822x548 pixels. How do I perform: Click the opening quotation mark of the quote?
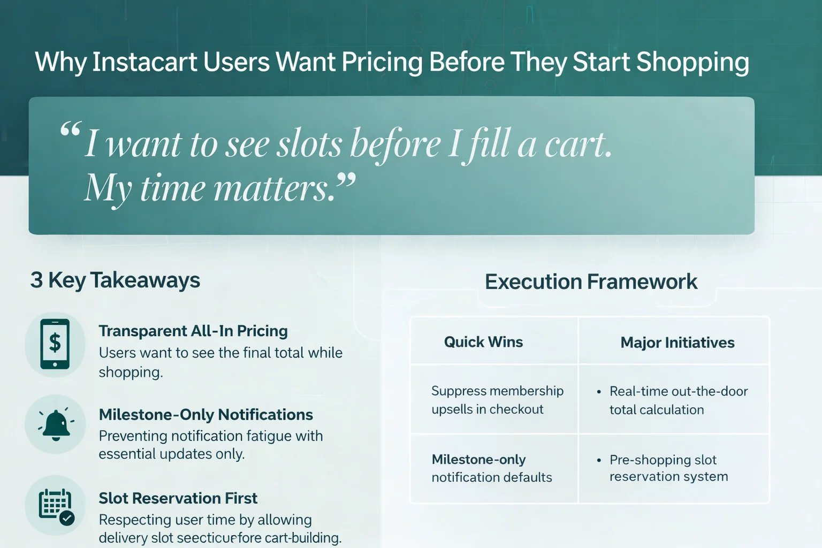70,130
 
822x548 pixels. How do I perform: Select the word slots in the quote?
309,144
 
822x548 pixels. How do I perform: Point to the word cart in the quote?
577,144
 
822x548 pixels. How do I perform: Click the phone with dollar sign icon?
55,344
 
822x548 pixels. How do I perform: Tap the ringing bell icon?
56,424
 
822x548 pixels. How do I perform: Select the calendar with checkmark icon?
56,505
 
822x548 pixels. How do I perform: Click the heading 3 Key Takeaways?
115,280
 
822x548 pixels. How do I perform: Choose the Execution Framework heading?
591,281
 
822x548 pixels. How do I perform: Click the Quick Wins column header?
483,342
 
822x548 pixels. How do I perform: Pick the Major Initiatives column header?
677,342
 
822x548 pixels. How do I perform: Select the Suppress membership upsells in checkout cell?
497,400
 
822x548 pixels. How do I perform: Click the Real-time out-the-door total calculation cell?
678,400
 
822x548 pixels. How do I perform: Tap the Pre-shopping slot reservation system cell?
668,468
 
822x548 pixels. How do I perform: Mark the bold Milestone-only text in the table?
478,460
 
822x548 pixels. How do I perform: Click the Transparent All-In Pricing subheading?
193,331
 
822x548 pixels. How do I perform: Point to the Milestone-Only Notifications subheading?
206,415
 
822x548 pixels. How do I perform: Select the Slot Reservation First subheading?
178,498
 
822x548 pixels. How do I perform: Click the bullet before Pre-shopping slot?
599,460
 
